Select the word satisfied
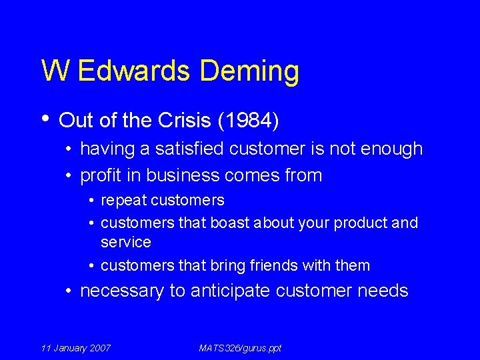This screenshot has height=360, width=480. [x=190, y=149]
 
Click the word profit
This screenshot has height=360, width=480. [x=101, y=175]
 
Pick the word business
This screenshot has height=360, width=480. [x=175, y=175]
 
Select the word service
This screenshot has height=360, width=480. [x=125, y=241]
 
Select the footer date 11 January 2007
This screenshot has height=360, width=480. [x=76, y=348]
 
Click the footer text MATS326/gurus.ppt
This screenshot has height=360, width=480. [x=240, y=348]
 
